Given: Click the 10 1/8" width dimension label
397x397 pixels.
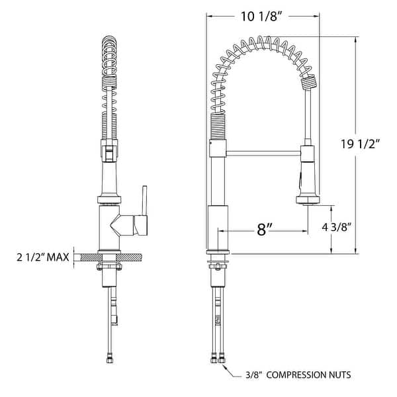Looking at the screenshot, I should click(263, 16).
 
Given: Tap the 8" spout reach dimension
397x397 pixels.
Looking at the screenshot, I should click(264, 230).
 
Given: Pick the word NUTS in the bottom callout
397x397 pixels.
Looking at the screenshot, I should click(339, 375).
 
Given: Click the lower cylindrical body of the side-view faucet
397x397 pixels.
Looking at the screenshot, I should click(218, 228).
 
